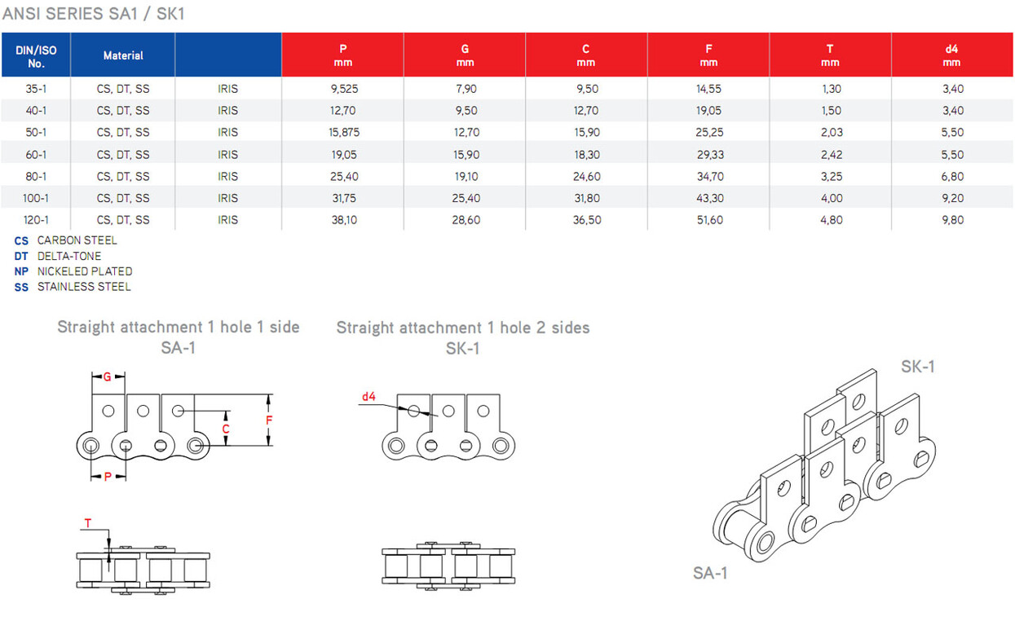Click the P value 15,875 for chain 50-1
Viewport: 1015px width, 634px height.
344,132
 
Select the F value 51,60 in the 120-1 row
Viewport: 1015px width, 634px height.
709,220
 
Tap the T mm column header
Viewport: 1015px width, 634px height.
830,55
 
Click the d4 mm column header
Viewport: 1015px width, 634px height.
951,55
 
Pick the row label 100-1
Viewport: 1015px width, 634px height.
36,198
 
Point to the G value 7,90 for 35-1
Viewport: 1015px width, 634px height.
466,89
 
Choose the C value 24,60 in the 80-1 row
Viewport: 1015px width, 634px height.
587,176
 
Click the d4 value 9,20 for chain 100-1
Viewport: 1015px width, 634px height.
952,198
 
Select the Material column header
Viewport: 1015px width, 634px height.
123,55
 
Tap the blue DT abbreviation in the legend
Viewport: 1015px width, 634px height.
21,257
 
